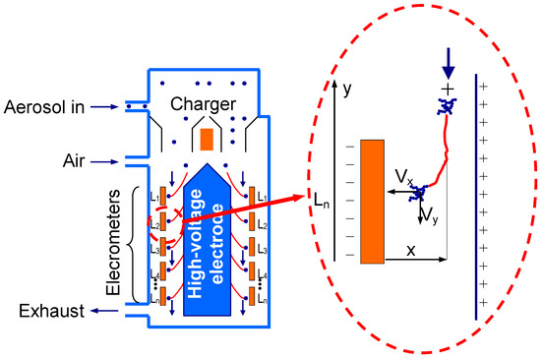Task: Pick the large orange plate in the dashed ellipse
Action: click(372, 202)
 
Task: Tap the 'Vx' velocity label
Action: click(404, 177)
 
